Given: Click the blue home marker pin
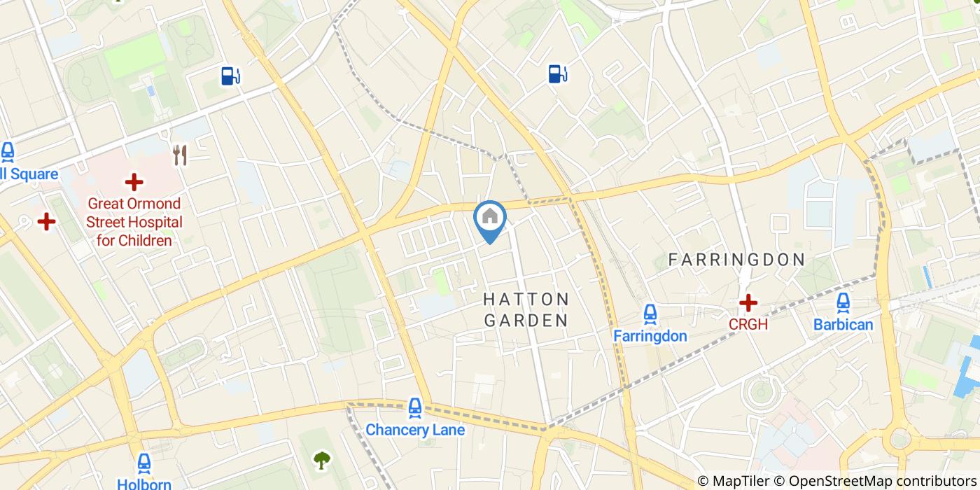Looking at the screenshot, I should click(490, 219).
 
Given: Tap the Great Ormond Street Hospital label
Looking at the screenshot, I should click(134, 222).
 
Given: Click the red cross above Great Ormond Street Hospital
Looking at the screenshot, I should click(134, 183).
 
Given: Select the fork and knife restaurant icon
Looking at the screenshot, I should click(181, 155).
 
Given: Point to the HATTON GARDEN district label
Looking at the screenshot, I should click(526, 310).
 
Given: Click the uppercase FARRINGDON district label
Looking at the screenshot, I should click(737, 260).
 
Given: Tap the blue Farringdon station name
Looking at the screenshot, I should click(650, 336).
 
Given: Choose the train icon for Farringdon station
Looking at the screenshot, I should click(650, 314).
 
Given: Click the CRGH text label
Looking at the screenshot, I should click(748, 325).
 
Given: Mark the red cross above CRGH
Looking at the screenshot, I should click(748, 303).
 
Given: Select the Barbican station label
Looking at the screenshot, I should click(843, 325).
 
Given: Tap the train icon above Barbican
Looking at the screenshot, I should click(843, 302).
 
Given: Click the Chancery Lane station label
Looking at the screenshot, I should click(415, 430).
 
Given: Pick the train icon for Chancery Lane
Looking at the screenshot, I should click(415, 407).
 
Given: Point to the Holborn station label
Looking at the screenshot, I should click(144, 484).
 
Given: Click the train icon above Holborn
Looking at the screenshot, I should click(144, 463).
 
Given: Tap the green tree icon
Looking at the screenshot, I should click(322, 460).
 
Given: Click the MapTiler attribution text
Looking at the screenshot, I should click(733, 481).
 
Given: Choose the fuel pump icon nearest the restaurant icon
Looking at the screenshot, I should click(230, 76).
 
